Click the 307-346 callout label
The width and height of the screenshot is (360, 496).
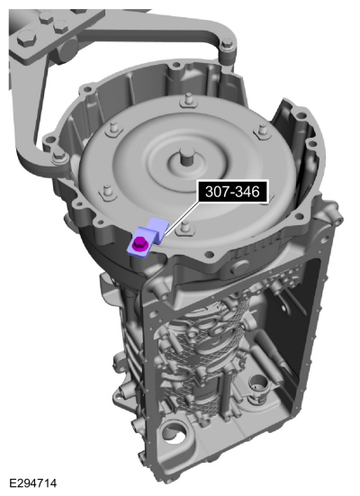[x=232, y=192]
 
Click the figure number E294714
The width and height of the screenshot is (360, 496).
[x=32, y=483]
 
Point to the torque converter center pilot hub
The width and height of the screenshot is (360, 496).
[x=185, y=157]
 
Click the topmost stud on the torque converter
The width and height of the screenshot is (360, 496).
[x=188, y=99]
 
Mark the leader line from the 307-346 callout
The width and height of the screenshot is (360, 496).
[x=181, y=218]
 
